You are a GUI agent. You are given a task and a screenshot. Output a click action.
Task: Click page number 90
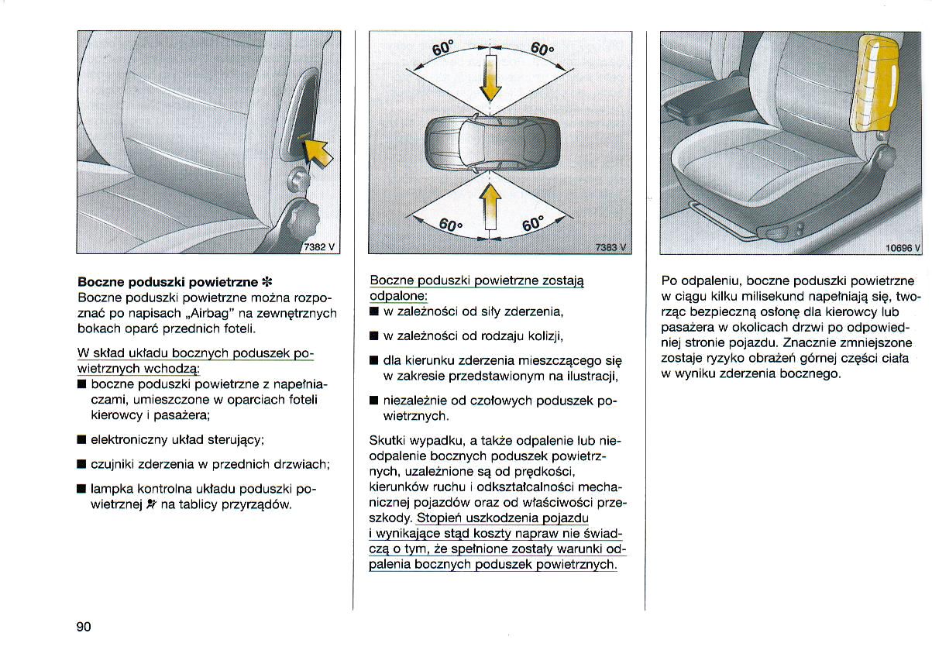coord(84,627)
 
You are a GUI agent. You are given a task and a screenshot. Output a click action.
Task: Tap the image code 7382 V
coord(319,246)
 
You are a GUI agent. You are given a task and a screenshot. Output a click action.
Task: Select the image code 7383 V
coord(610,247)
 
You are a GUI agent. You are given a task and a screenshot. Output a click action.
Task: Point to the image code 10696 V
coord(902,248)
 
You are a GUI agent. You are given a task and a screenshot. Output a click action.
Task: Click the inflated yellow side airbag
coord(875,85)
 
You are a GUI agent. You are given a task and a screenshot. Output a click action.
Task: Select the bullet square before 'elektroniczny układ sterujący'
coord(81,440)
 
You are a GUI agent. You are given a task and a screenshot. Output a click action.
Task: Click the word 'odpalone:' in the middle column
coord(398,297)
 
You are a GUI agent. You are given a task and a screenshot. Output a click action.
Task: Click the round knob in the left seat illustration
coord(297,181)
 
